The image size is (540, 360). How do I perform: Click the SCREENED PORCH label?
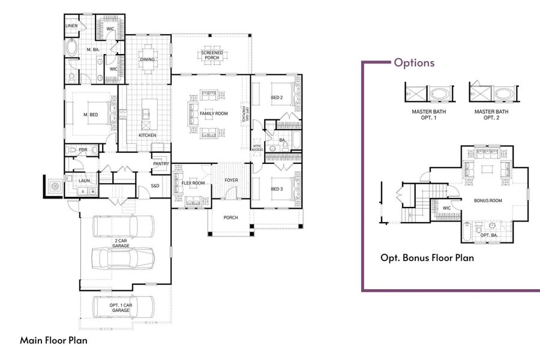[211, 55]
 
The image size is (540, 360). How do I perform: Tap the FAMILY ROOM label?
[214, 113]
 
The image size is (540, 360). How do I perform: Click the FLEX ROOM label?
[193, 182]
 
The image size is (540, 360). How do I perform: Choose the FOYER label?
[231, 180]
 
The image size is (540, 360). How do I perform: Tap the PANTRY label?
[160, 163]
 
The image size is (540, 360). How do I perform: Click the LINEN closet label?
[71, 26]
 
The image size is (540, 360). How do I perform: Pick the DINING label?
[148, 59]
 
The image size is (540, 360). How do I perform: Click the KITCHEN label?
[148, 135]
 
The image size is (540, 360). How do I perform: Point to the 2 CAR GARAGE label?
[122, 244]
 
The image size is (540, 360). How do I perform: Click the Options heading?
[414, 63]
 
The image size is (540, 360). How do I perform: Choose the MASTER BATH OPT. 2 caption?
[491, 115]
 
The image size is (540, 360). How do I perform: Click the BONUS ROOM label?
[488, 200]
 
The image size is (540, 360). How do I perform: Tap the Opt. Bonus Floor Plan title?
[427, 258]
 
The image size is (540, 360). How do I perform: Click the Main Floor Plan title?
[54, 340]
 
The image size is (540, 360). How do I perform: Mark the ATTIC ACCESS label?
[257, 147]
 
